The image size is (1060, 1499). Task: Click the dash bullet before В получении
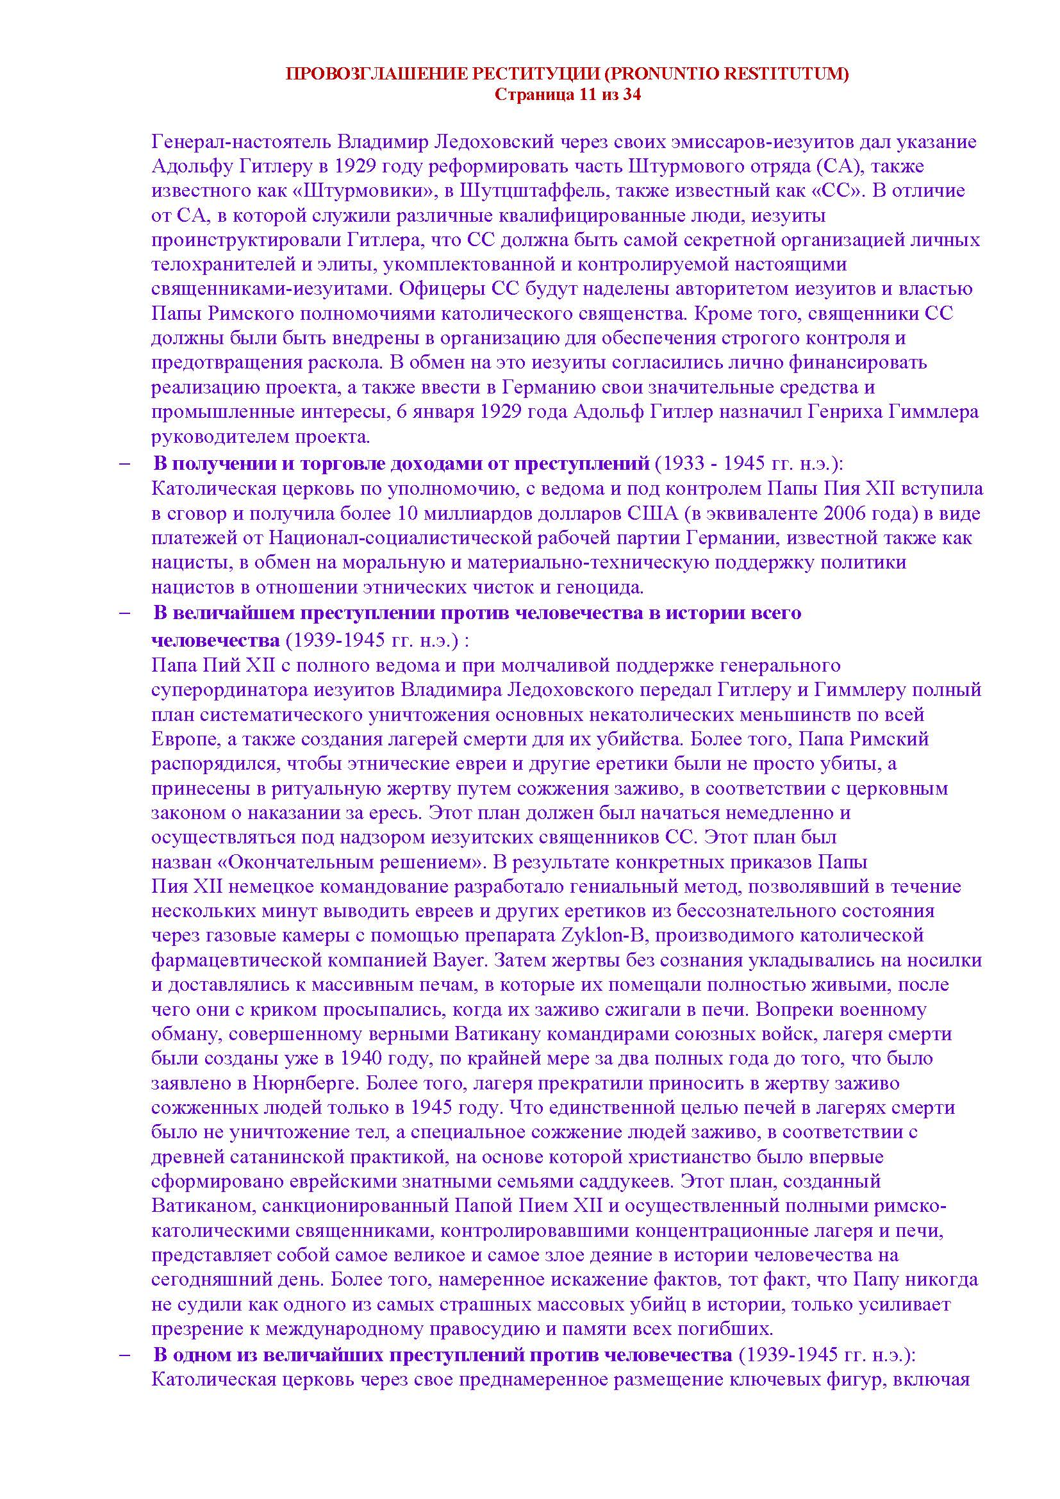(x=125, y=464)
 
